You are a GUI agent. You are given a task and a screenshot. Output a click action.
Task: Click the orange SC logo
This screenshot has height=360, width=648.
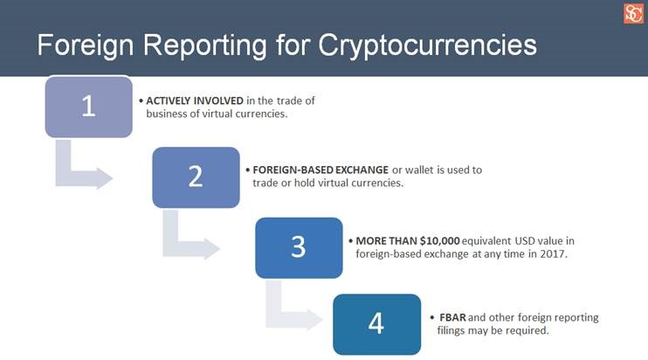(x=633, y=14)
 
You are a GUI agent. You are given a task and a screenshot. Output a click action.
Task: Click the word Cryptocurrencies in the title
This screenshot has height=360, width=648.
(x=427, y=45)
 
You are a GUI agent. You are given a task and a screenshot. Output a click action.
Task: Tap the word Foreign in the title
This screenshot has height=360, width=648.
(x=86, y=45)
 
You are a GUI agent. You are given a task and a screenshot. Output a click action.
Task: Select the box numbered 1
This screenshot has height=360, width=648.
(x=89, y=107)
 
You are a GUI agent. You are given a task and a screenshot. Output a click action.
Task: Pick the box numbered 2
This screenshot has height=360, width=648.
(x=196, y=177)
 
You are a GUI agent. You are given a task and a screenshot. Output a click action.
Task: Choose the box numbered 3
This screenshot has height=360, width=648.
(x=299, y=248)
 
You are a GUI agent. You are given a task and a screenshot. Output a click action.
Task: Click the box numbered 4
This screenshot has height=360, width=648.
(x=377, y=324)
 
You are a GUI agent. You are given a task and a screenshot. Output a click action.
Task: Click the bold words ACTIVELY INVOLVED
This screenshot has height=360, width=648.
(x=195, y=100)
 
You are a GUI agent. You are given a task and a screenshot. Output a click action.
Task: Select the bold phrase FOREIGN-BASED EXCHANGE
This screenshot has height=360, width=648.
(x=321, y=170)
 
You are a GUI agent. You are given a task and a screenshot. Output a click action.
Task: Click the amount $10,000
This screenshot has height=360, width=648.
(x=440, y=240)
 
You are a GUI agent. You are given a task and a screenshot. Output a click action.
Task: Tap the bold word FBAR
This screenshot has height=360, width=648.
(x=452, y=317)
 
